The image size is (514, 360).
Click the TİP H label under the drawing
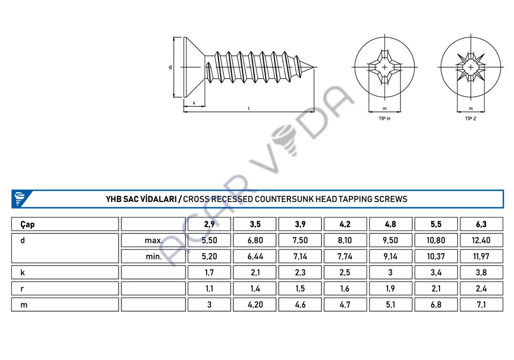384,119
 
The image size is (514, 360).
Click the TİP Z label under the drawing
470,119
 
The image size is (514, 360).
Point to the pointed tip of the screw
314,67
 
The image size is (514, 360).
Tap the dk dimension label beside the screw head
170,67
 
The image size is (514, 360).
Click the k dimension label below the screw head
194,103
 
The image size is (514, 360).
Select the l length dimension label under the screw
249,109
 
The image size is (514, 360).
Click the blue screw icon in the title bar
20,199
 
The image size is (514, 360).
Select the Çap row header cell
65,224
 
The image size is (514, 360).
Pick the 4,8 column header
391,224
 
